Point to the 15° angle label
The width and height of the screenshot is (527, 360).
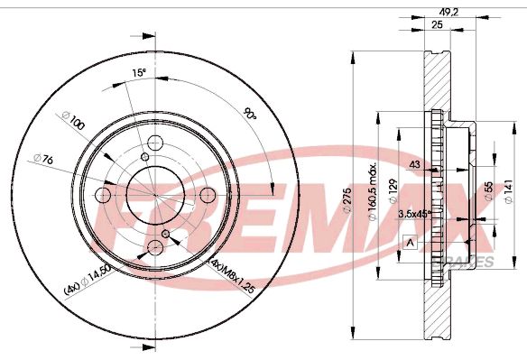(138, 72)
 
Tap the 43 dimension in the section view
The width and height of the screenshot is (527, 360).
(415, 164)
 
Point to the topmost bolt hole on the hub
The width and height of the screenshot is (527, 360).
(153, 142)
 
